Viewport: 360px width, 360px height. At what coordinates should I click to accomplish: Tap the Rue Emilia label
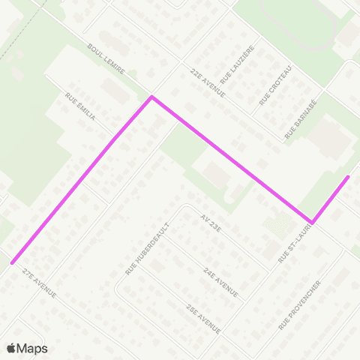tap(80, 106)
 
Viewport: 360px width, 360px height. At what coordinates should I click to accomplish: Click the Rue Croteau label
tap(275, 83)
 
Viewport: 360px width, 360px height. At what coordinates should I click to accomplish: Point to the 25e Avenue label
tap(203, 317)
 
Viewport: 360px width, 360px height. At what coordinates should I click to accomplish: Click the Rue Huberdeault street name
tap(148, 247)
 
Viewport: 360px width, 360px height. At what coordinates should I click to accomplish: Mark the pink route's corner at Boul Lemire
tap(152, 97)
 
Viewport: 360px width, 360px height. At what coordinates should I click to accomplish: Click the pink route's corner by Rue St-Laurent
tap(312, 222)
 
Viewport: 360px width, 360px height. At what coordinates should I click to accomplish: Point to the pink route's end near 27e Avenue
tap(11, 262)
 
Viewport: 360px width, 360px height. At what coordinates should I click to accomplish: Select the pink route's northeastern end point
tap(348, 177)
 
